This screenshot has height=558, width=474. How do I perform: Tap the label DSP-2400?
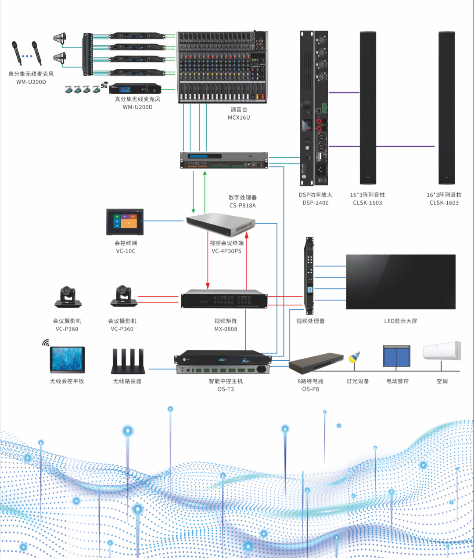[x=315, y=203]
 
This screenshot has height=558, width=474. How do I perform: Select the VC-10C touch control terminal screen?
[x=125, y=222]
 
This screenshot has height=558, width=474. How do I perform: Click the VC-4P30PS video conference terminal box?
[x=220, y=224]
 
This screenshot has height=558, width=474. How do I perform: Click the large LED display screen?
[x=401, y=282]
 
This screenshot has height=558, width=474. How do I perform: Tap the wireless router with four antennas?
[x=128, y=361]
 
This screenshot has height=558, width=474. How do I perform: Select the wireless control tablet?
[x=67, y=360]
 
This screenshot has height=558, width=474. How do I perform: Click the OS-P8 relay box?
[x=316, y=363]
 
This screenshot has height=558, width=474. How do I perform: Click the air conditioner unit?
[x=442, y=351]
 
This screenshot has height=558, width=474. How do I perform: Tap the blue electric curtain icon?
[x=396, y=356]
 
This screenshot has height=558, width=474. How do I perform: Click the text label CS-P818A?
[x=242, y=206]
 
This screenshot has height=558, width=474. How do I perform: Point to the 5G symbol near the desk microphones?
[x=104, y=85]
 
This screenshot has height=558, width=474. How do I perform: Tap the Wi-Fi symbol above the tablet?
[x=46, y=342]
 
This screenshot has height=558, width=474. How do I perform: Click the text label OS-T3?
[x=226, y=389]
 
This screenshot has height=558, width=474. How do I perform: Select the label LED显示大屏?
[x=400, y=321]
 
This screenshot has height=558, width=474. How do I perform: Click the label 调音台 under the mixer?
[x=239, y=110]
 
